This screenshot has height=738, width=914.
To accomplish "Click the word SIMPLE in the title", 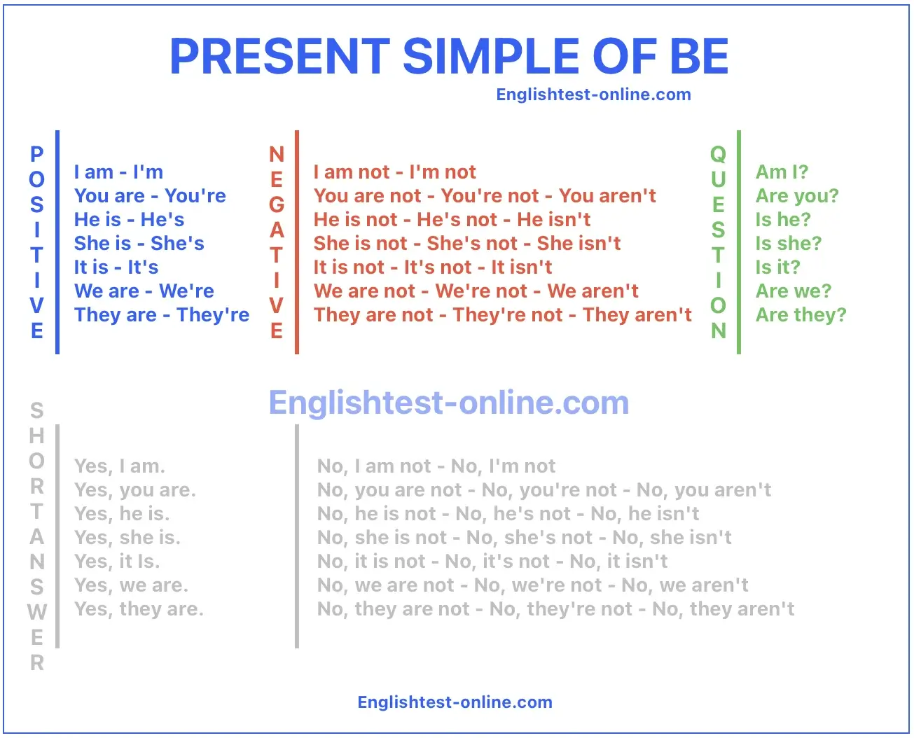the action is pos(492,56).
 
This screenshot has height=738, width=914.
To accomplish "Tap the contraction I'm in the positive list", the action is pos(148,172).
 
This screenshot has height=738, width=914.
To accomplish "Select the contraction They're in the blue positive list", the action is pos(213,315).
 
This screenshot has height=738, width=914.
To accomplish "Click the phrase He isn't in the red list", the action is pos(553,220).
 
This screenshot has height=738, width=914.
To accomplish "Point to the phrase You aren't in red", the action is pos(607,196).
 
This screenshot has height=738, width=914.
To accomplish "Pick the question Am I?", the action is pos(782,172).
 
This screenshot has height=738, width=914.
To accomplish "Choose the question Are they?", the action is pos(801,315).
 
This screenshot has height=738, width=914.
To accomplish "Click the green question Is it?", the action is pos(777,267).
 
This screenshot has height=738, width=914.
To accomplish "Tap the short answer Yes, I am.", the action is pos(120,466).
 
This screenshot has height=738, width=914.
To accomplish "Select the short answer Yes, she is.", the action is pos(127,538).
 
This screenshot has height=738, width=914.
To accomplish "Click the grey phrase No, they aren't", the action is pos(723,609).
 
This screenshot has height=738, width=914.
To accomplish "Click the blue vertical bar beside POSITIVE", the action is pos(57,242).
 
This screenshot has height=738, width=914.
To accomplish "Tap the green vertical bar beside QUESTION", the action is pos(739,242).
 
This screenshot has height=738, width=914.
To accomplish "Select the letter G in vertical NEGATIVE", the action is pos(277,204).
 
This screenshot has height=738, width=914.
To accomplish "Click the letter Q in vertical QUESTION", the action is pos(719,154).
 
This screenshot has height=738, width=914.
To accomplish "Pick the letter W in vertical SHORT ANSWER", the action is pos(37,612).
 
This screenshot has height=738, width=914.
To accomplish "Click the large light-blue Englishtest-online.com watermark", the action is pos(449,403).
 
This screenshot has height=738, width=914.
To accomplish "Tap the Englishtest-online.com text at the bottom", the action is pos(455,702).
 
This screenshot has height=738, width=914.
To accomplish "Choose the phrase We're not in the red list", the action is pos(481,291).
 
